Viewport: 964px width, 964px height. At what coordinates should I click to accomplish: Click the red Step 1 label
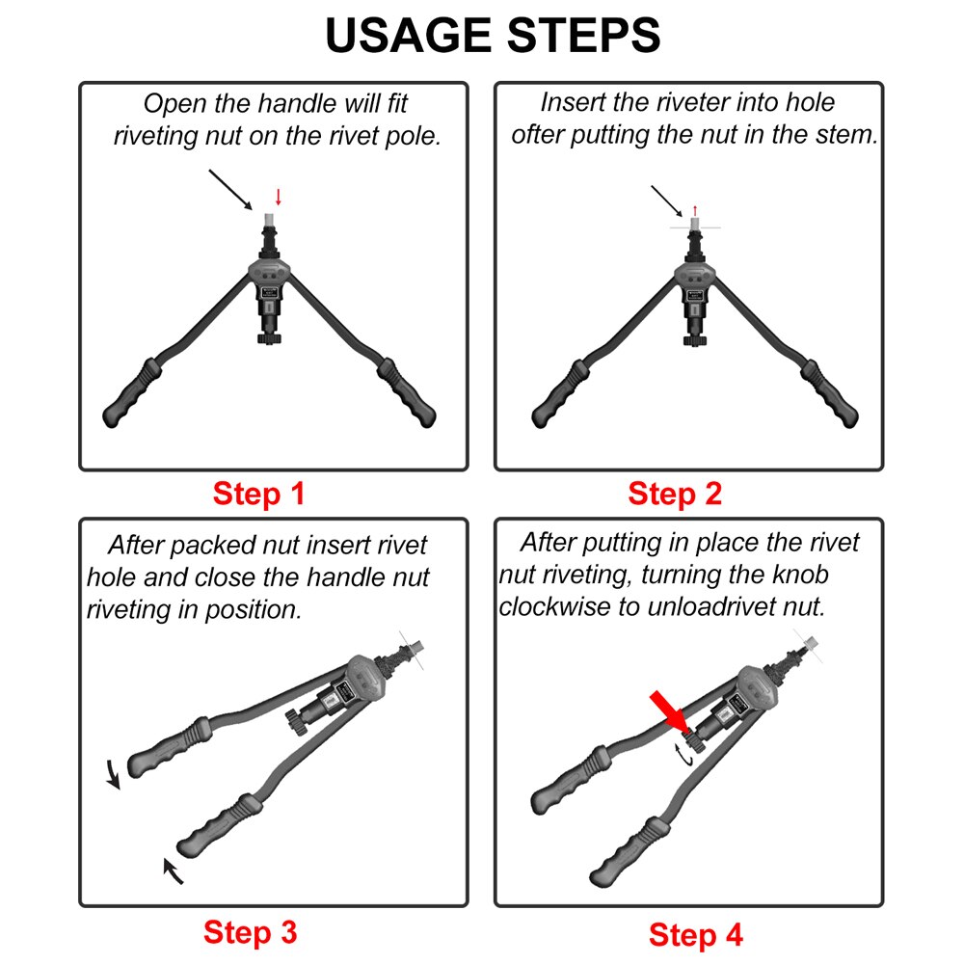click(258, 495)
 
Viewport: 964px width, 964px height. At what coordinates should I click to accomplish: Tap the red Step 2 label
click(675, 495)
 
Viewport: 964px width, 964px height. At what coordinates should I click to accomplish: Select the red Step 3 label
click(250, 932)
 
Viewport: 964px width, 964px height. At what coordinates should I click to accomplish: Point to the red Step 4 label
click(696, 934)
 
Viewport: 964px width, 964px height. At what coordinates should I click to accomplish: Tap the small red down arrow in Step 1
click(279, 197)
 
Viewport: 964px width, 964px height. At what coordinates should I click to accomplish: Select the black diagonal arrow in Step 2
click(667, 200)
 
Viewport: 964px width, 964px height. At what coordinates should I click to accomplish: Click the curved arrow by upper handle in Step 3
click(113, 772)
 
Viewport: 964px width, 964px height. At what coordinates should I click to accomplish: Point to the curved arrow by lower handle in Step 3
click(173, 870)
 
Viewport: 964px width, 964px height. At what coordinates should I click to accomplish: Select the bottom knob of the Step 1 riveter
click(268, 336)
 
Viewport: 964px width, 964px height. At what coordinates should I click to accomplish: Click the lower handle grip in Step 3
click(217, 823)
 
